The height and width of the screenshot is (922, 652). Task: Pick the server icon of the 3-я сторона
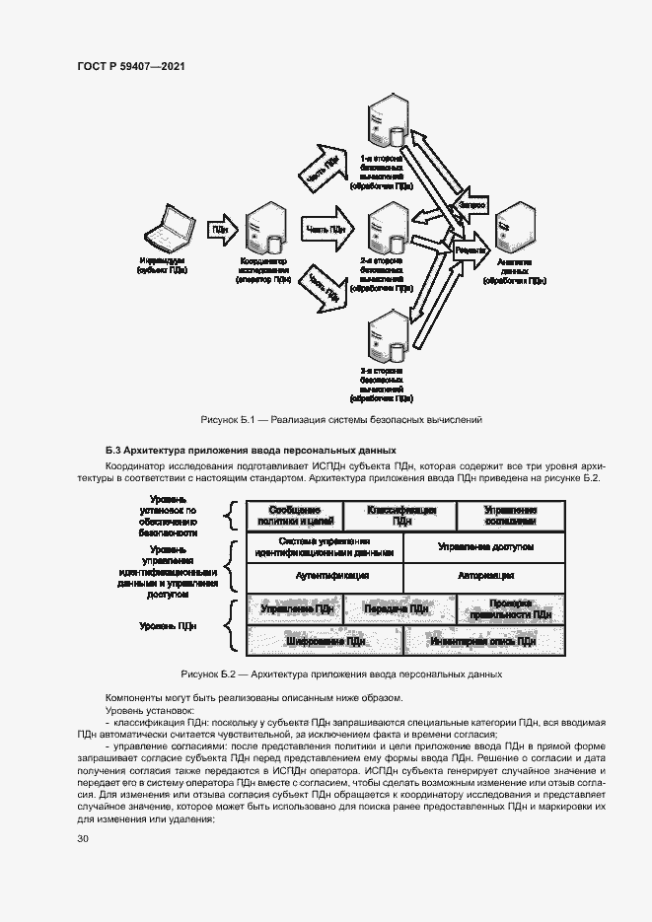385,336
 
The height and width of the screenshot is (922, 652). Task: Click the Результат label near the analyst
471,250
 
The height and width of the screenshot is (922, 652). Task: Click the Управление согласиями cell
510,516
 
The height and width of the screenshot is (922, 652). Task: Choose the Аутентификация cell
325,576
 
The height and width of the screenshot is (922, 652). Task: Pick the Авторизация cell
484,576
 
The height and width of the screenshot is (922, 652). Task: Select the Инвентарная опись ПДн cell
484,641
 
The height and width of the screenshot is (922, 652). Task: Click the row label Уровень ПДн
169,625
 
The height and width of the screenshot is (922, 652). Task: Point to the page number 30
83,839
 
